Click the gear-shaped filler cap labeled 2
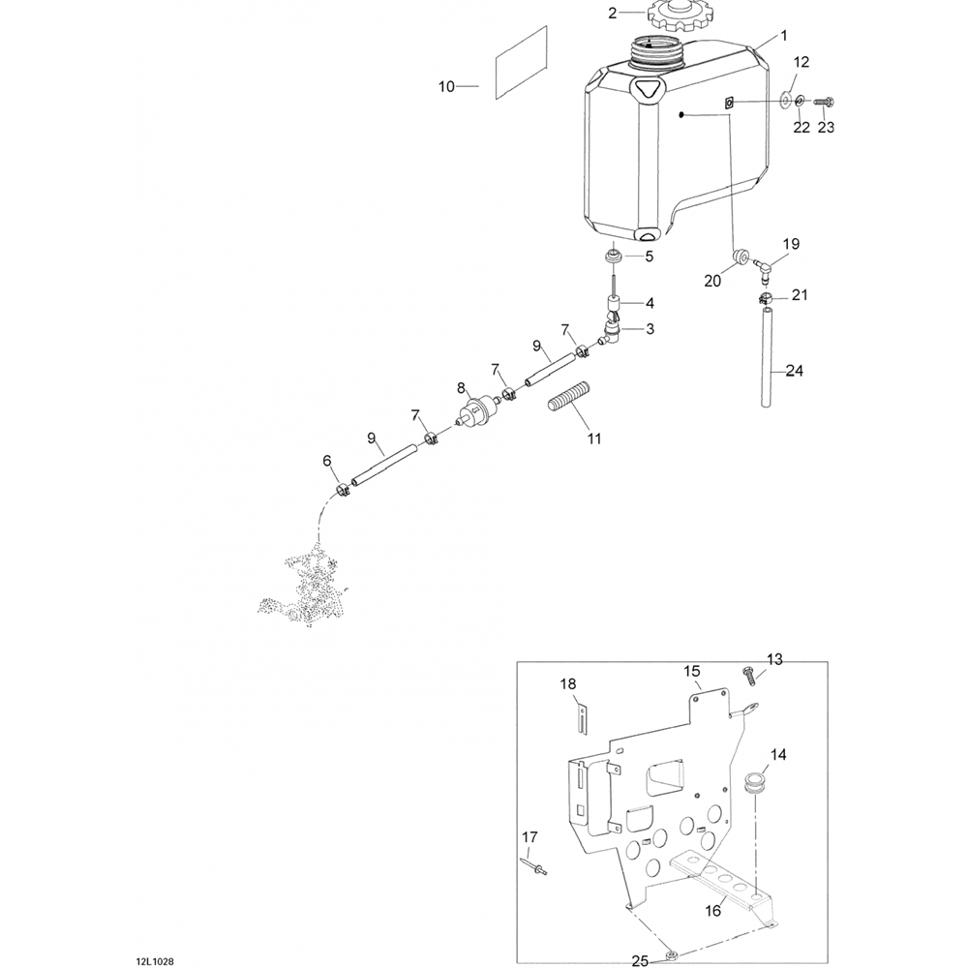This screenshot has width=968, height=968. click(673, 16)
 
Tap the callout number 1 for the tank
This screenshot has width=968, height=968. click(784, 36)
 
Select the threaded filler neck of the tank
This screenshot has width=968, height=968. click(657, 51)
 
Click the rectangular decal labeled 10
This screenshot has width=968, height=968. click(521, 62)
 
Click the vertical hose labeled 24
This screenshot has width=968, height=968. click(766, 358)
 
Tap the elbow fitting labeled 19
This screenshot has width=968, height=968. click(764, 268)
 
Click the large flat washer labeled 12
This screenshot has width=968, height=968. click(785, 100)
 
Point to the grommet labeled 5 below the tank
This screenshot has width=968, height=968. click(613, 256)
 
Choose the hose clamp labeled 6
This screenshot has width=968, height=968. click(343, 492)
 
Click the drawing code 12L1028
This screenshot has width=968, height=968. click(155, 961)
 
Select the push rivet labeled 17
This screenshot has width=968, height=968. click(534, 868)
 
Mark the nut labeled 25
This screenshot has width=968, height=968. click(672, 957)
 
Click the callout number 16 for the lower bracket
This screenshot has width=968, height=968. click(712, 911)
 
